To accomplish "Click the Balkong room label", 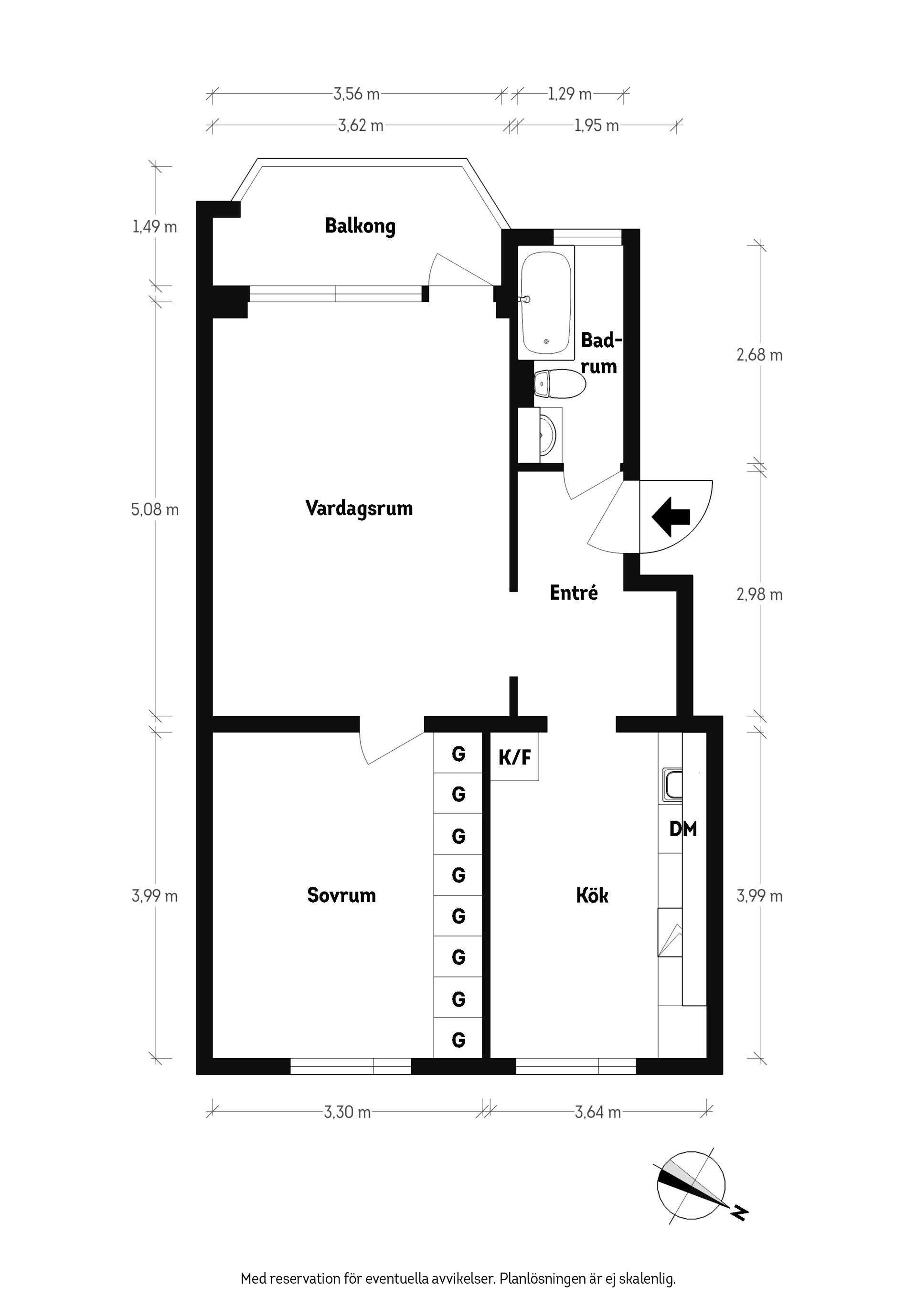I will (360, 226).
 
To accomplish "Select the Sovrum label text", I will (341, 895).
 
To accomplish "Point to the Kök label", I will (592, 895).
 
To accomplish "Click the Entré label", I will (574, 593).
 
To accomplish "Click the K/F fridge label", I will (514, 757).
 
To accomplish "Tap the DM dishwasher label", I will (682, 829).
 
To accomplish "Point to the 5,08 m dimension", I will (155, 510).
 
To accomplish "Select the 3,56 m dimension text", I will (356, 94).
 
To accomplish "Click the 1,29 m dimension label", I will (569, 94).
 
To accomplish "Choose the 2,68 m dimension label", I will (759, 355).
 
